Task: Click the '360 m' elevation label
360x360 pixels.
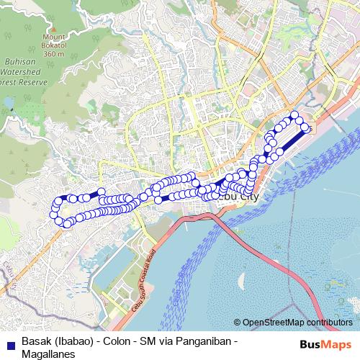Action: point(53,53)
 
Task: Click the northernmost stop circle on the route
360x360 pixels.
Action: point(293,115)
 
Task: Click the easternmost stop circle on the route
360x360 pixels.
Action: point(307,128)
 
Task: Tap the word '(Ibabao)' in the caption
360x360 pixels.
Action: point(78,340)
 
